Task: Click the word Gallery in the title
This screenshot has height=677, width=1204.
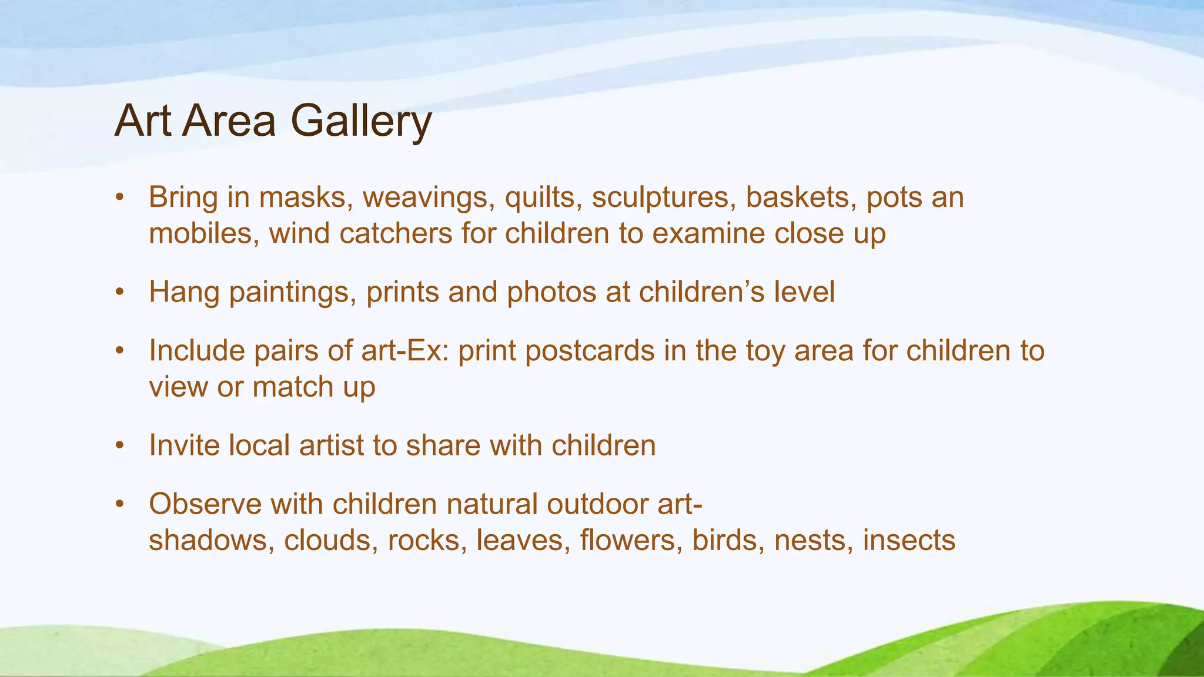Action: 361,121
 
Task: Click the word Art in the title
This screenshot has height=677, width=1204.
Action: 143,121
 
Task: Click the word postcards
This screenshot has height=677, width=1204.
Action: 590,351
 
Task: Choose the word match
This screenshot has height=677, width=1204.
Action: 293,387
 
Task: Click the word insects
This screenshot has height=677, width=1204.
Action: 909,541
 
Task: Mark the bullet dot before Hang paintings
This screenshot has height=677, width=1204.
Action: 120,292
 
